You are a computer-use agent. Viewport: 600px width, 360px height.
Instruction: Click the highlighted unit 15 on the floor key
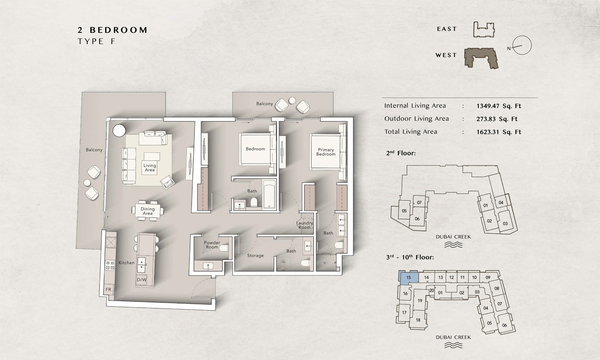(x=408, y=277)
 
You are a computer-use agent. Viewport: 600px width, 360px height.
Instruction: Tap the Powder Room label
(x=212, y=244)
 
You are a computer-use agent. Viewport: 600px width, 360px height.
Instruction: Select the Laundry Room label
(x=304, y=225)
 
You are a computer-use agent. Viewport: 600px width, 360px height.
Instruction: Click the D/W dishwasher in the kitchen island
(x=142, y=280)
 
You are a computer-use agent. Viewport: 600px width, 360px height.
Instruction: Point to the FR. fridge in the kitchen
(x=109, y=289)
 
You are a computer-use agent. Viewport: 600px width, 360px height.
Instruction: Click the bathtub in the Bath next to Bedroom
(x=269, y=194)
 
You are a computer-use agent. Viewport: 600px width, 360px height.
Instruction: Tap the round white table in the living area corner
(x=119, y=131)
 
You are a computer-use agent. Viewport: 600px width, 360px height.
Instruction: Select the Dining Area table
(x=147, y=211)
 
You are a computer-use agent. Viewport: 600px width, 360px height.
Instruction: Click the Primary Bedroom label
(x=326, y=152)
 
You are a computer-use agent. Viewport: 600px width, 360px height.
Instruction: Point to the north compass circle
(x=522, y=45)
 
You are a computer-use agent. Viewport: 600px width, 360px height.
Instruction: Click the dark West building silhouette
(x=481, y=58)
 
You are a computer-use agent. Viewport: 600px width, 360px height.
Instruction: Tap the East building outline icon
(x=484, y=30)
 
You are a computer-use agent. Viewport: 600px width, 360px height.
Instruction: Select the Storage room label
(x=255, y=256)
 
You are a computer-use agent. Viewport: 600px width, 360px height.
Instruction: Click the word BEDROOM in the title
(x=118, y=30)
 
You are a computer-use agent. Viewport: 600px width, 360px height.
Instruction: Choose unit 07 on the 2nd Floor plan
(x=419, y=202)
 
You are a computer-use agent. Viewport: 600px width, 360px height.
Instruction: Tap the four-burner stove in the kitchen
(x=110, y=265)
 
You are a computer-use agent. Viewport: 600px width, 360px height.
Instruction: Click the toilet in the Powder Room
(x=224, y=248)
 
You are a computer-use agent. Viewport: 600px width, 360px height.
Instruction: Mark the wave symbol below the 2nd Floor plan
(x=453, y=245)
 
